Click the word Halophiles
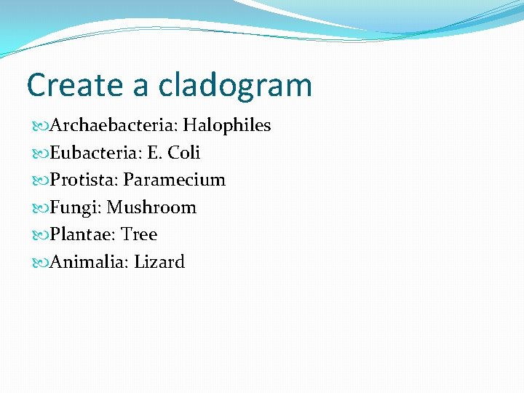click(226, 125)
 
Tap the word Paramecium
click(175, 180)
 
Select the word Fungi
click(75, 207)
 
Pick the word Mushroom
click(151, 207)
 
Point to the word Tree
click(139, 234)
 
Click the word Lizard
click(159, 262)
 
